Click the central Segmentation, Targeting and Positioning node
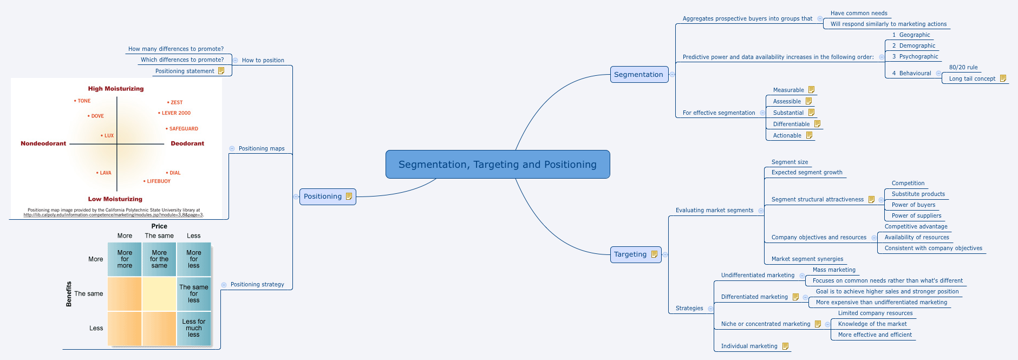point(498,165)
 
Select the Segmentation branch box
point(639,75)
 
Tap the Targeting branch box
point(630,254)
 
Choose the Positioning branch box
point(323,197)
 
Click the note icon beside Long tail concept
point(1003,78)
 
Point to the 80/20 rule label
point(963,68)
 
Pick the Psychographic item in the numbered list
point(918,56)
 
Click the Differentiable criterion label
point(791,124)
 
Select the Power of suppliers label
point(916,215)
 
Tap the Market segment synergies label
point(807,259)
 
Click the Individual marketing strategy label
point(749,346)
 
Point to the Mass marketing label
point(834,270)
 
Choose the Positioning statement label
point(185,71)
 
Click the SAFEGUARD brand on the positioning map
point(183,129)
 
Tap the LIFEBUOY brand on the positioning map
point(158,181)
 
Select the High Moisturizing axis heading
point(116,89)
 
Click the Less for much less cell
point(194,328)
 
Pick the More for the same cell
point(159,259)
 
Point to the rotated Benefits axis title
point(69,294)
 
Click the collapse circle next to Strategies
point(710,309)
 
